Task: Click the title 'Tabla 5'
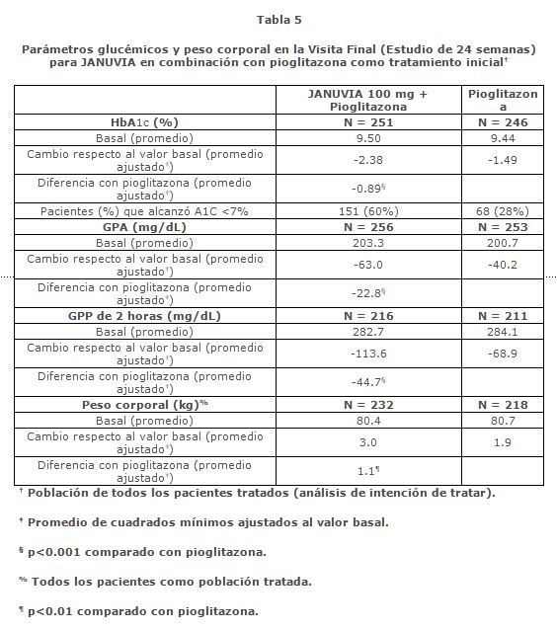click(x=278, y=20)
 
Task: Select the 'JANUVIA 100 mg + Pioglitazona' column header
click(x=367, y=99)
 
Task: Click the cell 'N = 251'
click(x=367, y=122)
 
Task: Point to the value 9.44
click(x=503, y=139)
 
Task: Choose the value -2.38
click(x=367, y=160)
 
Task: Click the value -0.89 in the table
click(x=365, y=189)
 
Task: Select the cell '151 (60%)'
click(x=367, y=211)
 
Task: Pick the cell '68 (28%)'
click(x=503, y=211)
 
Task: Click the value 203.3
click(x=367, y=242)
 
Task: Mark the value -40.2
click(x=503, y=264)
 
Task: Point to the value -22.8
click(x=365, y=292)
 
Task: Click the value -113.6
click(x=367, y=354)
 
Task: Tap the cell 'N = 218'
click(x=503, y=404)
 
